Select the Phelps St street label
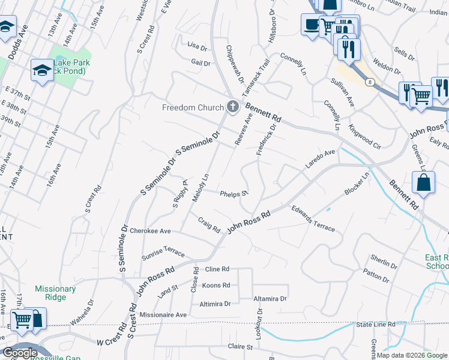[234, 194]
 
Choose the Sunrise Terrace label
[163, 251]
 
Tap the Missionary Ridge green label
[55, 293]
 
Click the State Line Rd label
[376, 325]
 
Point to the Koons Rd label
[216, 286]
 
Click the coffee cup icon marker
[311, 25]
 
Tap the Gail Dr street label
[200, 63]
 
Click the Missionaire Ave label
[163, 314]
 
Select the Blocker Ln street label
[357, 184]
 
